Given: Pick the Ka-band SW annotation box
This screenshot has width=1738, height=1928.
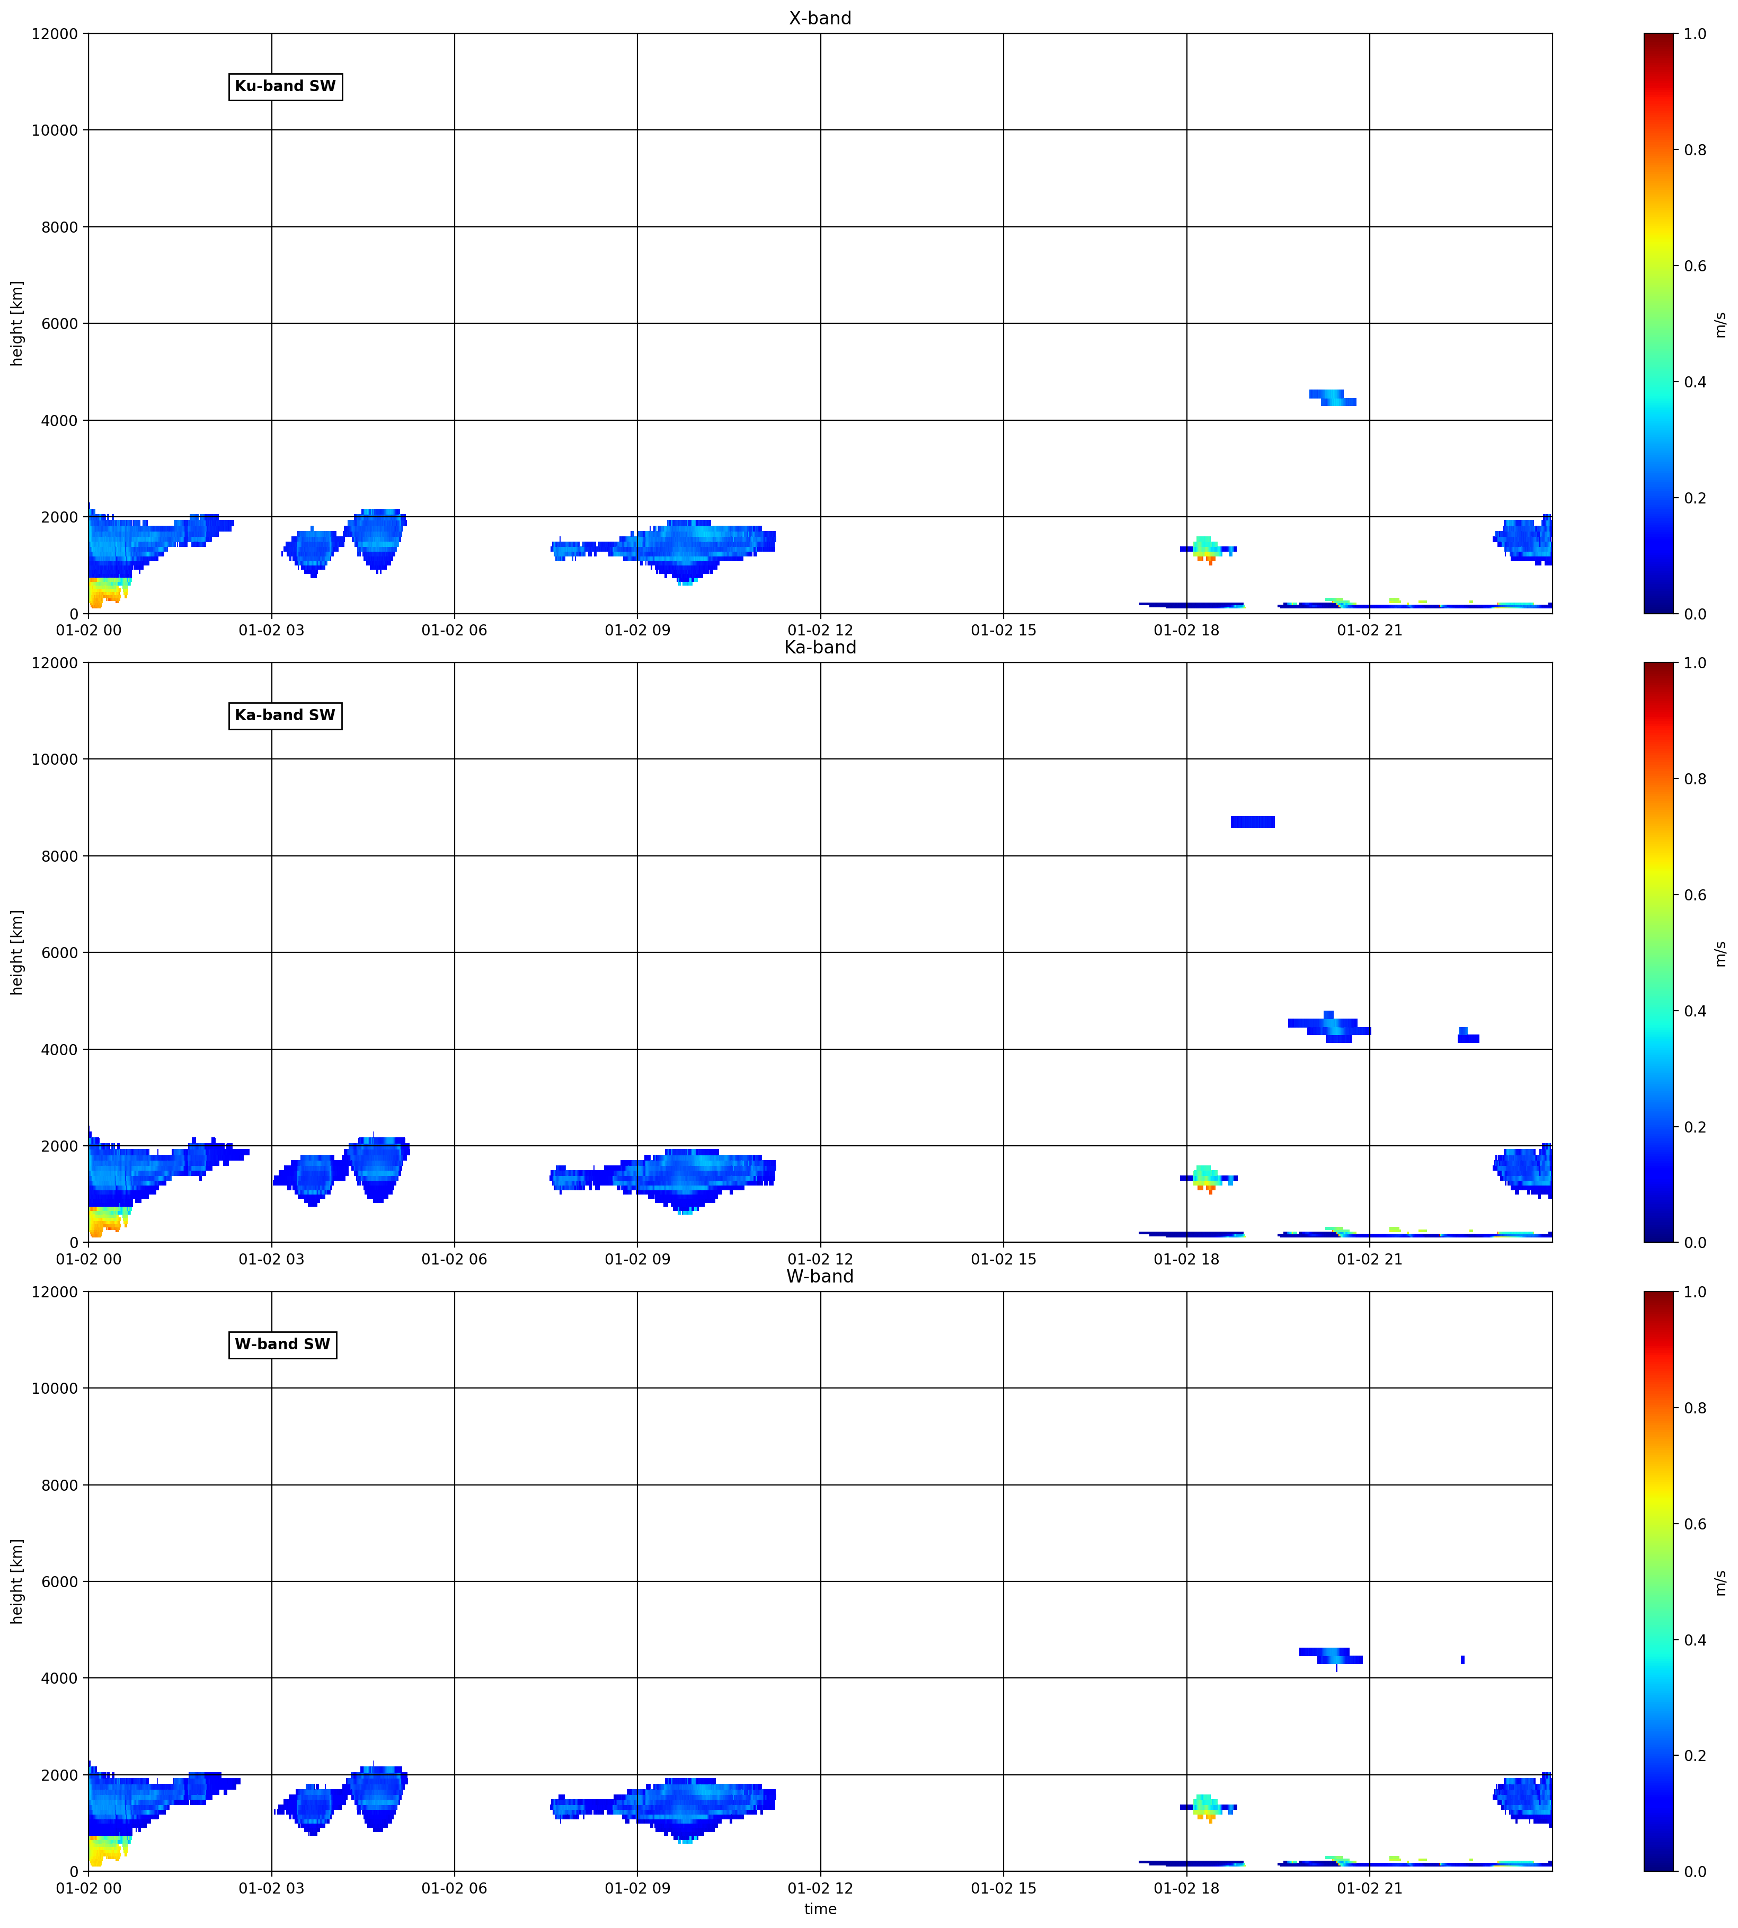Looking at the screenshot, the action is (286, 715).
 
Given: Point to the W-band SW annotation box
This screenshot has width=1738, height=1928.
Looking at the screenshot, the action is (282, 1345).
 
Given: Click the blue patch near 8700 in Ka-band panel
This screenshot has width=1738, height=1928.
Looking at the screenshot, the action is (1253, 822).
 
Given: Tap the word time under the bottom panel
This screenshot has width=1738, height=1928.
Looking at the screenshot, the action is (820, 1909).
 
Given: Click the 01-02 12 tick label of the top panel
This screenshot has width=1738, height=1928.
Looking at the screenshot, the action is (820, 630).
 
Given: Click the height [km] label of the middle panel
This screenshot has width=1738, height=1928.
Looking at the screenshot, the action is (17, 952).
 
